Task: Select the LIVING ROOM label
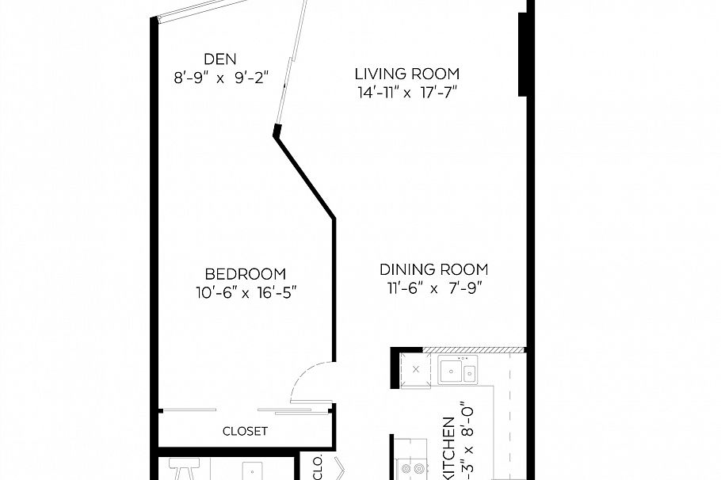click(406, 74)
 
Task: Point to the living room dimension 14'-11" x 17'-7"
click(406, 93)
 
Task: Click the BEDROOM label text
click(245, 274)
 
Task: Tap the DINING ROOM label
click(433, 269)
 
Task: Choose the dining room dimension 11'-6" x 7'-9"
click(433, 288)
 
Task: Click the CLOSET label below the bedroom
click(245, 432)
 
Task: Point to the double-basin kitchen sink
click(458, 371)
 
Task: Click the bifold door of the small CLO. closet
click(339, 469)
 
